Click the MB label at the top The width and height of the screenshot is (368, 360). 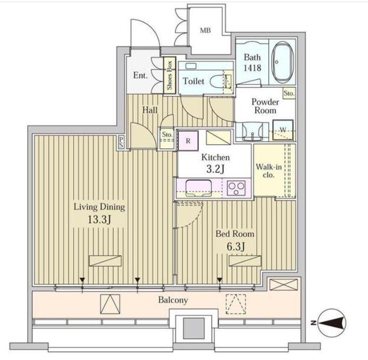[x=205, y=30]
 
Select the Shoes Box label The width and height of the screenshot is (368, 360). [x=169, y=75]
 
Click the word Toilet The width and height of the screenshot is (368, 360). [x=193, y=81]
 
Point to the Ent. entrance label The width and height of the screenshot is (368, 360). [x=140, y=75]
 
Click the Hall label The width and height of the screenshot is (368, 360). [x=150, y=110]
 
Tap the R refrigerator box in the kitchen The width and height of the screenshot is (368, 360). [x=187, y=140]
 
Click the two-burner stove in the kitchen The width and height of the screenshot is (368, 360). [x=237, y=188]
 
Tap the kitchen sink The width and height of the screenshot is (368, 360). [x=197, y=187]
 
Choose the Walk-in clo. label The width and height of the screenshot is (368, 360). [x=268, y=171]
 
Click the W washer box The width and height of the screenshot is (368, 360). [x=283, y=130]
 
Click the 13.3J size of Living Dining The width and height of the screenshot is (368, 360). [x=99, y=219]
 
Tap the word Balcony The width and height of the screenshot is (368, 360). [x=173, y=300]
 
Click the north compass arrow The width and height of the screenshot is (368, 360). [x=332, y=323]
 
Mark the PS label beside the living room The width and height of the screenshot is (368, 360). [x=121, y=142]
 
